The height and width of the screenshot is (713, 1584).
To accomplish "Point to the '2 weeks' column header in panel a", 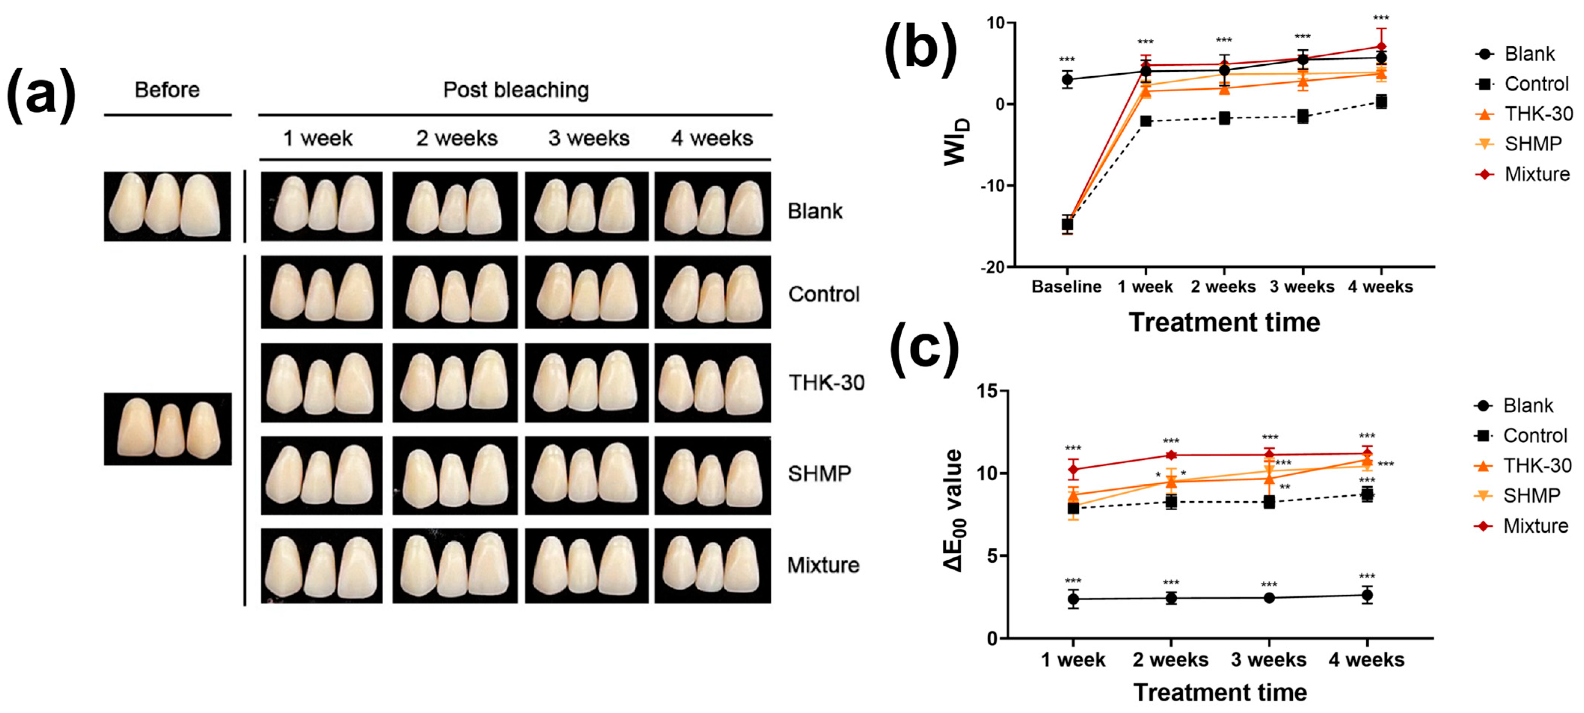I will (x=456, y=138).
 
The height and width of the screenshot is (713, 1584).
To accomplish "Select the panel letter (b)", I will (x=921, y=49).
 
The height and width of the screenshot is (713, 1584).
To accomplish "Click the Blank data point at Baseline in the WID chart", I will (x=1067, y=79).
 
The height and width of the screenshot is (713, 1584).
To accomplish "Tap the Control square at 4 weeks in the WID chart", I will (x=1381, y=102).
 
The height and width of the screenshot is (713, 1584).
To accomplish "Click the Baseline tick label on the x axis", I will (x=1066, y=287).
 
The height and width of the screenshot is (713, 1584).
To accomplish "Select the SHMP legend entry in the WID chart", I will (x=1522, y=144).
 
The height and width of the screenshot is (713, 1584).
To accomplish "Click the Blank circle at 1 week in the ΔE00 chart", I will (x=1073, y=599).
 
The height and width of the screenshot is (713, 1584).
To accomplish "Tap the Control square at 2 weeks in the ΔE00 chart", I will (x=1171, y=502).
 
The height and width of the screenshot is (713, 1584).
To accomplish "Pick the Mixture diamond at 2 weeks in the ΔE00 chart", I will (x=1171, y=455).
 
